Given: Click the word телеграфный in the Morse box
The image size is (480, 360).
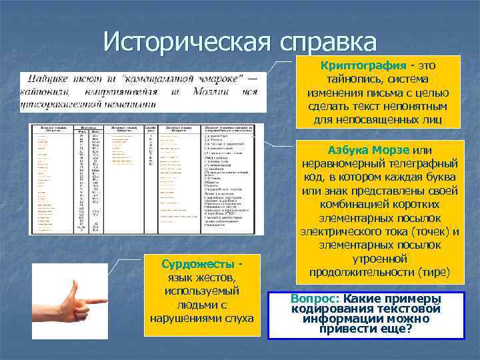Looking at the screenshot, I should [x=420, y=164].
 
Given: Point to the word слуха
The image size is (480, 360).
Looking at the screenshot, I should [x=237, y=317].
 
